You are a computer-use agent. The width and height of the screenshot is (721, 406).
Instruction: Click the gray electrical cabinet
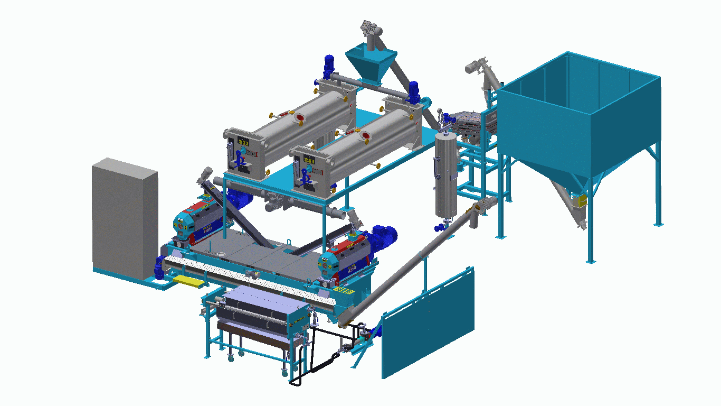(x=125, y=219)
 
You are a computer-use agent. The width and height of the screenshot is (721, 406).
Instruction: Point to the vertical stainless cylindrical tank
(x=446, y=174)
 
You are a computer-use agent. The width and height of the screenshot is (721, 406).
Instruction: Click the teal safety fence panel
(x=428, y=322)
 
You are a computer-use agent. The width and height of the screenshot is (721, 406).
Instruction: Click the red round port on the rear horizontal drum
(x=300, y=117)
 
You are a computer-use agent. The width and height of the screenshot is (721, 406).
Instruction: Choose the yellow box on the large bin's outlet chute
(x=582, y=201)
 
